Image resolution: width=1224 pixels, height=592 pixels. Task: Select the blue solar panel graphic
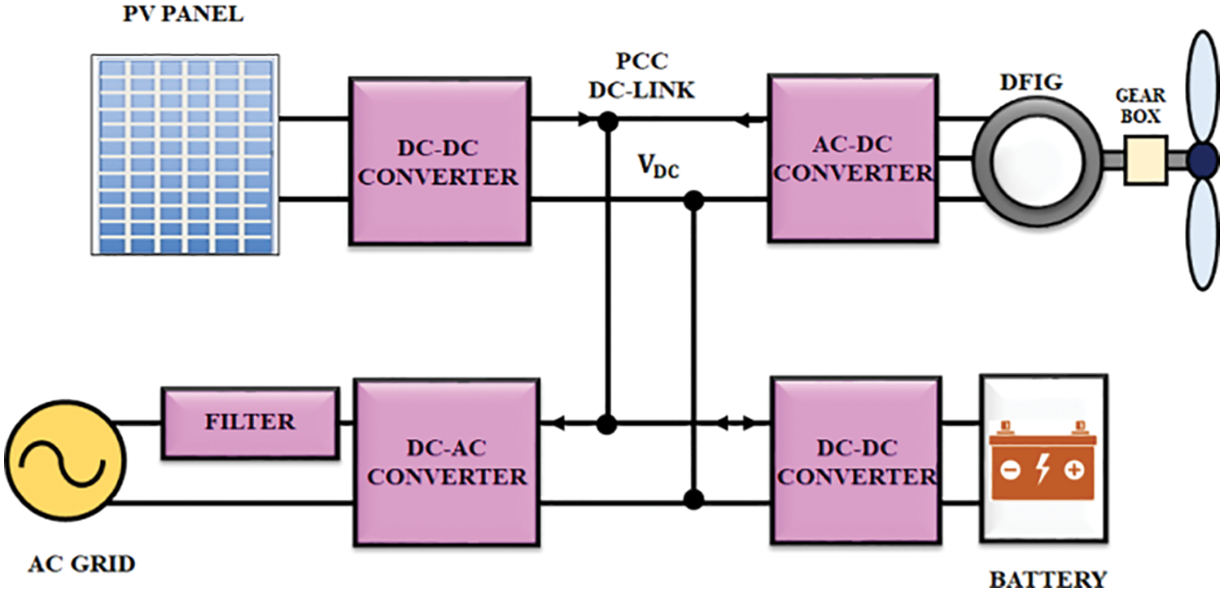(184, 153)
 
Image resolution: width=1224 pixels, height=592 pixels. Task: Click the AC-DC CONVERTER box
(850, 159)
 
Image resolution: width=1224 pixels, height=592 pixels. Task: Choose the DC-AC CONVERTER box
(446, 462)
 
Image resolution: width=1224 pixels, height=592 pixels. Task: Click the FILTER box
(250, 422)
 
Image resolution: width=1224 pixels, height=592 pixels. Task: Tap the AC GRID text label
(81, 563)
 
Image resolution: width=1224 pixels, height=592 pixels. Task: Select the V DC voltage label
(658, 168)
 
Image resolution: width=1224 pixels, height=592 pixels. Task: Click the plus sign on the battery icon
(1074, 471)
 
